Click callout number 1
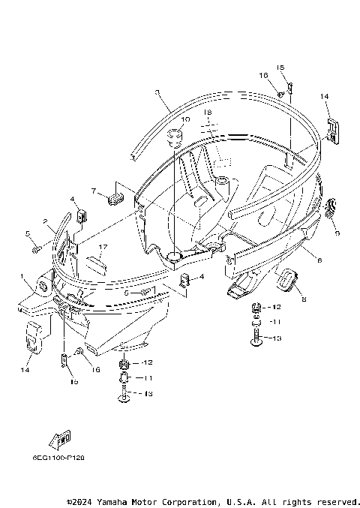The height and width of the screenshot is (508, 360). click(23, 277)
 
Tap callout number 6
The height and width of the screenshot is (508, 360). click(319, 260)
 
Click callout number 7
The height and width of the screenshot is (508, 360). click(94, 191)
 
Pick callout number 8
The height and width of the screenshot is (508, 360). click(304, 299)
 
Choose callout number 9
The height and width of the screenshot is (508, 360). click(337, 233)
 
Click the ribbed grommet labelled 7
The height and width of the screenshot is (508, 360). click(115, 197)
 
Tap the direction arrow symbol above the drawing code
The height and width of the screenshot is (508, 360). click(61, 439)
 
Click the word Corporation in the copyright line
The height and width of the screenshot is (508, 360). click(191, 501)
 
